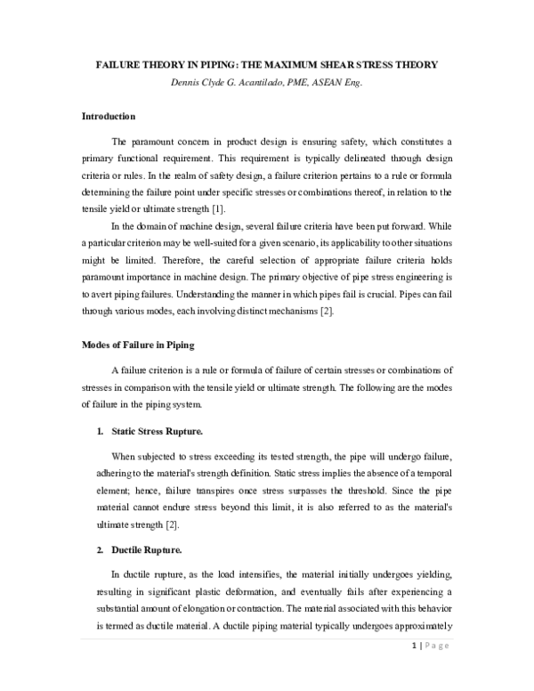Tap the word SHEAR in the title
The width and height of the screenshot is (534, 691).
click(358, 67)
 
